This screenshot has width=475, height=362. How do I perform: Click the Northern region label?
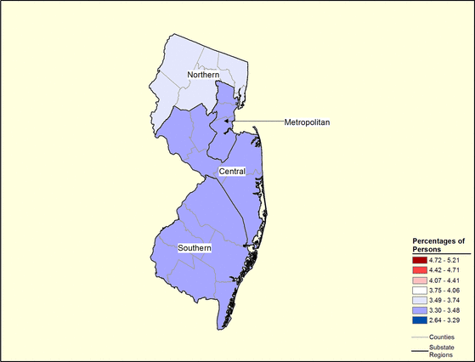tap(192, 76)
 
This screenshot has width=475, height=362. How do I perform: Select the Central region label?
tap(232, 172)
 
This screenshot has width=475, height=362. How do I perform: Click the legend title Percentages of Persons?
tap(439, 246)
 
